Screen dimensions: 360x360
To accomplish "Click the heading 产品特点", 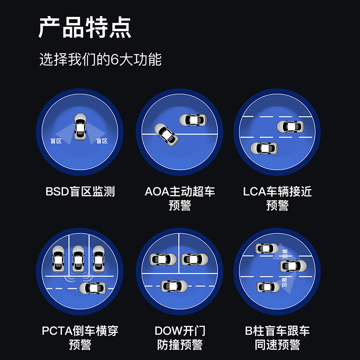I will pyautogui.click(x=85, y=28).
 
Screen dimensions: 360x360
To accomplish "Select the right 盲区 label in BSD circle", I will pyautogui.click(x=102, y=141).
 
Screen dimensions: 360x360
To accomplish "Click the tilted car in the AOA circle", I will pyautogui.click(x=166, y=134).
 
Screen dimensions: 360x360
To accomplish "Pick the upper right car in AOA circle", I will pyautogui.click(x=193, y=120).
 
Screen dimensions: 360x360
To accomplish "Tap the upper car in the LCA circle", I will pyautogui.click(x=290, y=126).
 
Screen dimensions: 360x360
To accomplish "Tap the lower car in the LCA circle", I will pyautogui.click(x=264, y=148).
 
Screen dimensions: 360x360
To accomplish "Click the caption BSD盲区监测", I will pyautogui.click(x=80, y=192).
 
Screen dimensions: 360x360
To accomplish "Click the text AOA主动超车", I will pyautogui.click(x=180, y=192).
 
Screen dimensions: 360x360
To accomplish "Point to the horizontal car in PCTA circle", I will pyautogui.click(x=92, y=287).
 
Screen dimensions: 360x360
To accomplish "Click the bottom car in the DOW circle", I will pyautogui.click(x=174, y=285).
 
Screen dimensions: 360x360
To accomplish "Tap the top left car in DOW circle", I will pyautogui.click(x=162, y=259).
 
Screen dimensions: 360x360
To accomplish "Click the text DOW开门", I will pyautogui.click(x=180, y=332).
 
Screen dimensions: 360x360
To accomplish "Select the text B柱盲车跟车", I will pyautogui.click(x=277, y=332).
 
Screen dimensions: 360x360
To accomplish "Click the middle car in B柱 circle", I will pyautogui.click(x=292, y=265).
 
